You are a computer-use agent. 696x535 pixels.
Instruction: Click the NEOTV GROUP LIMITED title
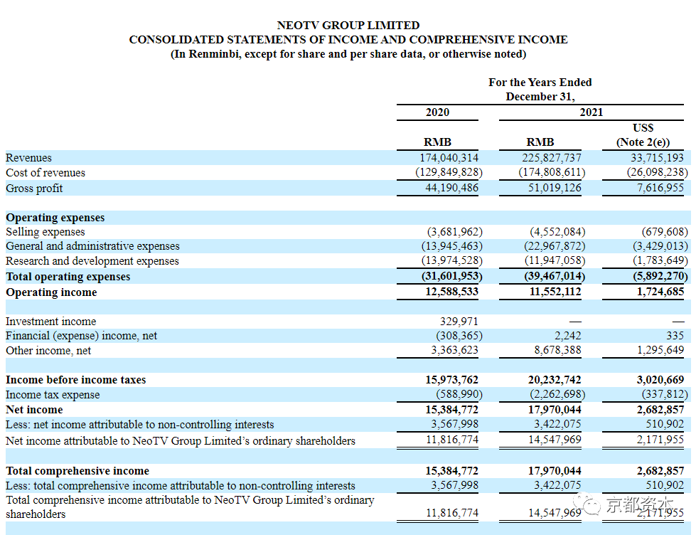pos(348,26)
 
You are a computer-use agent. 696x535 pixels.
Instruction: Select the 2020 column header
pos(437,112)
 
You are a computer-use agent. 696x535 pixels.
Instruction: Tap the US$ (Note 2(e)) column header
pos(643,134)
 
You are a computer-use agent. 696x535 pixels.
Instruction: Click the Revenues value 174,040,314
pos(449,158)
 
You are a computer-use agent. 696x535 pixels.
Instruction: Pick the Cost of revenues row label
pos(45,173)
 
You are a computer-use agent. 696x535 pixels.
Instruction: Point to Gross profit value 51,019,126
pos(555,188)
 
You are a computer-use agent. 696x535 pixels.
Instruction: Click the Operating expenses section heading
pos(55,218)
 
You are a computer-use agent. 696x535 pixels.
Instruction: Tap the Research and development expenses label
pos(92,261)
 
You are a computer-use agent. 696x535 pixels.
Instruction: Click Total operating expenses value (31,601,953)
pos(452,276)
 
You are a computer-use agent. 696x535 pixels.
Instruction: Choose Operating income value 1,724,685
pos(660,292)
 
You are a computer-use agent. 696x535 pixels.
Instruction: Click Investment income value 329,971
pos(459,322)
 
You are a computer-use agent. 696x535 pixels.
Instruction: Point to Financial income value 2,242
pos(568,336)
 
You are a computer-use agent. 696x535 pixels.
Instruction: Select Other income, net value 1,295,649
pos(660,350)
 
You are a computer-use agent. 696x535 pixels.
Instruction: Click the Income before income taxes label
pos(76,380)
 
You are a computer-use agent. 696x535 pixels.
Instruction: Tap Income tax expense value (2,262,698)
pos(557,395)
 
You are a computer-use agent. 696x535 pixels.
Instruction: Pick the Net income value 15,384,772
pos(452,410)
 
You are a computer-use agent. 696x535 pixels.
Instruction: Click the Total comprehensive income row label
pos(77,471)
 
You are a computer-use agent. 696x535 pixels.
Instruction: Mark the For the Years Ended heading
pos(540,83)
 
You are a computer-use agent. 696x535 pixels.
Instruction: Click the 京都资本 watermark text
pos(639,505)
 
